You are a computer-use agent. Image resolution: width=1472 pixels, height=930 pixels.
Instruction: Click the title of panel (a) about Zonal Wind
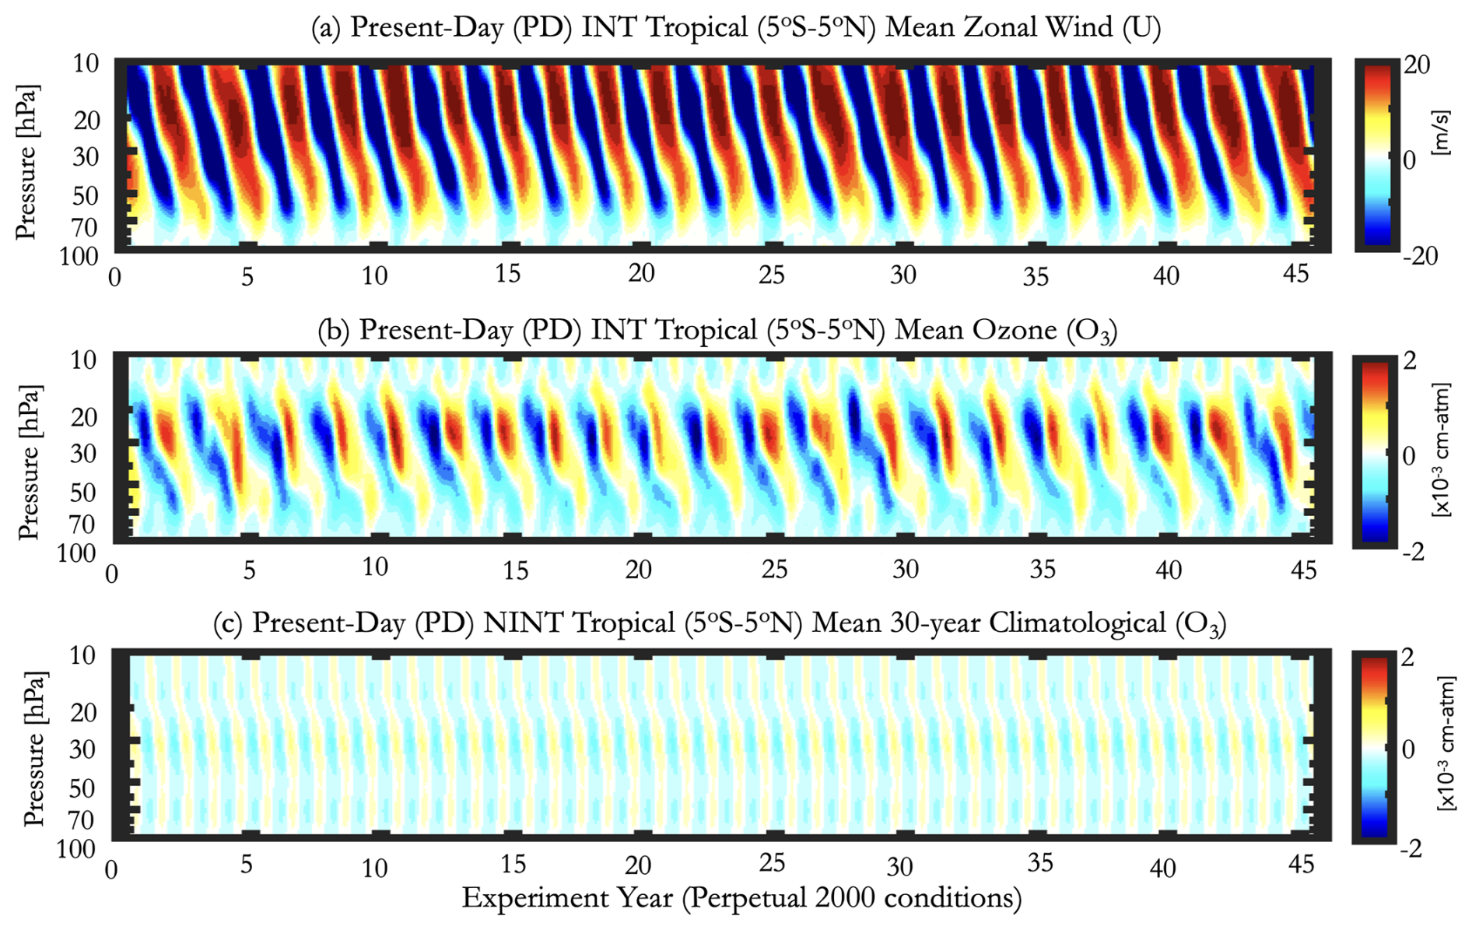735,28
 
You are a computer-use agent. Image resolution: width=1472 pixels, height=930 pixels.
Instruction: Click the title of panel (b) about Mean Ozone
717,331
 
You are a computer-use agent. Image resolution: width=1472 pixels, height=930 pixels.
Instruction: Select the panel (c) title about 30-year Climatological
720,623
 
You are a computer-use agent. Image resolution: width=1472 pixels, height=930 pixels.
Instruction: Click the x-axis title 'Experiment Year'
741,898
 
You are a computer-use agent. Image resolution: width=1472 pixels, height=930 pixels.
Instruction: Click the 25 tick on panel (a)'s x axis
771,275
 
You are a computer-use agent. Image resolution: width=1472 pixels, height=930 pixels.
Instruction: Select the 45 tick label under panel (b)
1303,570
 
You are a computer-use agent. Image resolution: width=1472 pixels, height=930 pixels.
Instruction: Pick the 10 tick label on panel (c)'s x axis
374,867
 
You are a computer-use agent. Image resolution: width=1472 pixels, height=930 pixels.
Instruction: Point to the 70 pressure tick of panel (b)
84,524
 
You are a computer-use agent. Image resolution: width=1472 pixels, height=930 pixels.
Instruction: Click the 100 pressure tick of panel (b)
76,553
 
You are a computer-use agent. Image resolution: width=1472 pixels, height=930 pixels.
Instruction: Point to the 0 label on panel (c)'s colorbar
1407,749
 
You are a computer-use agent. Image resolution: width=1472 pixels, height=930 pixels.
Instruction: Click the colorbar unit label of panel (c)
1445,744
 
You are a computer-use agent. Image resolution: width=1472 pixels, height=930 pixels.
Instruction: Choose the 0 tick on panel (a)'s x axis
115,277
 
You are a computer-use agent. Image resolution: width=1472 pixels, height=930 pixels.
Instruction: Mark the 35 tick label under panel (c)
1040,863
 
